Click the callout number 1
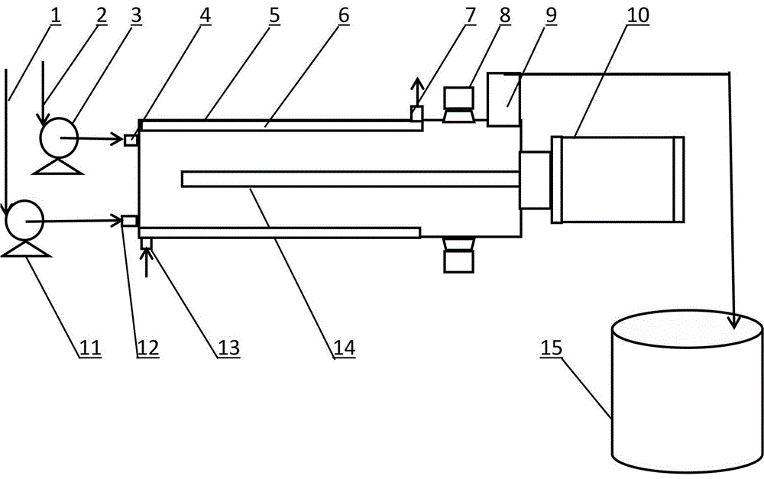click(56, 15)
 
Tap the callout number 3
click(136, 15)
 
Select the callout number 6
click(344, 15)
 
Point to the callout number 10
click(638, 15)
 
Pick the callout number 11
click(90, 348)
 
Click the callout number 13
click(228, 348)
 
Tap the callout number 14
click(345, 348)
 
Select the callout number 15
click(552, 348)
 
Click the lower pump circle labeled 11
click(24, 220)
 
